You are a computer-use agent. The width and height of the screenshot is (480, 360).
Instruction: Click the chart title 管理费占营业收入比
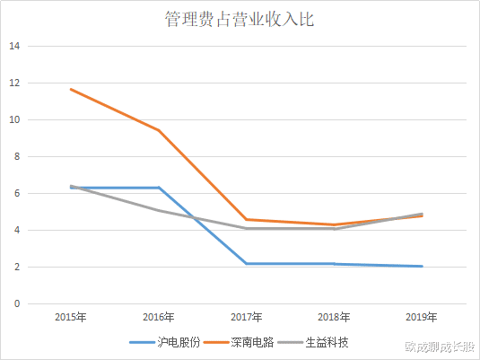pyautogui.click(x=240, y=19)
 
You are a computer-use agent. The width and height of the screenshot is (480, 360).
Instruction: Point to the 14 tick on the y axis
pyautogui.click(x=14, y=46)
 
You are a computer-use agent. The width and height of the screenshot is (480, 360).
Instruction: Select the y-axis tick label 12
pyautogui.click(x=14, y=83)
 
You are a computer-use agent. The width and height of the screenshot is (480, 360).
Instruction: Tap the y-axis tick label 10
pyautogui.click(x=14, y=119)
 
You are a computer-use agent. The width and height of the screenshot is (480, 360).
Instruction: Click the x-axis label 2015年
pyautogui.click(x=71, y=318)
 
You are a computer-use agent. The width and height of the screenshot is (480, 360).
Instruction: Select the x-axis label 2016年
pyautogui.click(x=158, y=318)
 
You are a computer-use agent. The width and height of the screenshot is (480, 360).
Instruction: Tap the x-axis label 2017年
pyautogui.click(x=246, y=318)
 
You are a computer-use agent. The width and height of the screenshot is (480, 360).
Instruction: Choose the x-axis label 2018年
pyautogui.click(x=334, y=318)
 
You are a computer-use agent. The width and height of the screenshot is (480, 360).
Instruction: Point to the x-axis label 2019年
pyautogui.click(x=421, y=318)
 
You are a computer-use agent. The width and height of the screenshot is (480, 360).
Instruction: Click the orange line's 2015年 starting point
pyautogui.click(x=71, y=89)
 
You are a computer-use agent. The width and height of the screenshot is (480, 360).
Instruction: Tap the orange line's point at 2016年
pyautogui.click(x=158, y=130)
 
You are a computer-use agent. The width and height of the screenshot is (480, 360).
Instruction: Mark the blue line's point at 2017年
pyautogui.click(x=246, y=263)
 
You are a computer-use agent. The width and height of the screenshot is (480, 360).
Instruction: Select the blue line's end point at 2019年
pyautogui.click(x=421, y=266)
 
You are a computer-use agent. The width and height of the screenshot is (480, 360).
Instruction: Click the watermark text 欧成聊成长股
pyautogui.click(x=440, y=345)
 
